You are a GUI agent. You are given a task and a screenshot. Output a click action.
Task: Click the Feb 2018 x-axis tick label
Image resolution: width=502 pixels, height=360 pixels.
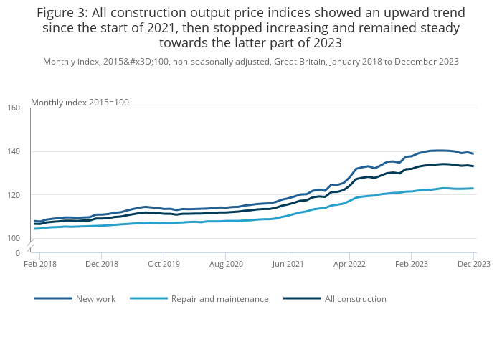40,264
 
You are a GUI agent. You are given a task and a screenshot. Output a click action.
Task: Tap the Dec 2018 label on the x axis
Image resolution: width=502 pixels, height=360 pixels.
102,264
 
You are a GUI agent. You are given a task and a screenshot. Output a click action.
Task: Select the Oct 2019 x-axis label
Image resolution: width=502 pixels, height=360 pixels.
164,264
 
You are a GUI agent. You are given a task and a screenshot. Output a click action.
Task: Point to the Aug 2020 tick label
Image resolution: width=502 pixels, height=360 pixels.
226,264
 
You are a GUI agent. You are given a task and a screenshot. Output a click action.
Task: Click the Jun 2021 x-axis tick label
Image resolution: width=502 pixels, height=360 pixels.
288,264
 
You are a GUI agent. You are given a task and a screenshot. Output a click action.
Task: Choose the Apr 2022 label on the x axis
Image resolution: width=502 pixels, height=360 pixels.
350,264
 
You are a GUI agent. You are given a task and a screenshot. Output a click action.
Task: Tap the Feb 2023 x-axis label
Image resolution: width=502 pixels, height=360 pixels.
412,264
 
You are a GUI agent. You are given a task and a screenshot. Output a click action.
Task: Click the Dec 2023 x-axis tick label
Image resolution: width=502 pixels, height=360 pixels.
473,264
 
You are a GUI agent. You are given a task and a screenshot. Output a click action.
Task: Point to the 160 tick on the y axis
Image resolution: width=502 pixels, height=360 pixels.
14,108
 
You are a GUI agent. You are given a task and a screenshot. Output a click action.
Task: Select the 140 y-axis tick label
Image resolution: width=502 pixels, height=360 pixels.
14,151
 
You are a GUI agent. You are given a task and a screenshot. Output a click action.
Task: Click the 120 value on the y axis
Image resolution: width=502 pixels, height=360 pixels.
14,195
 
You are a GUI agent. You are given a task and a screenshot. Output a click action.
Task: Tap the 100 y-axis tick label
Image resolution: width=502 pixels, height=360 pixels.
14,239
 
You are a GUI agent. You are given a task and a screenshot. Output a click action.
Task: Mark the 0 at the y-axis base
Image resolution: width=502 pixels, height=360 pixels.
18,253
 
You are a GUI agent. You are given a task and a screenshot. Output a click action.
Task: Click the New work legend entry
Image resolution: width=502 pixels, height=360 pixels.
95,299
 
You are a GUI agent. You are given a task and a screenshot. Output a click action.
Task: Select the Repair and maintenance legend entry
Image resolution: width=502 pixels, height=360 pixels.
219,299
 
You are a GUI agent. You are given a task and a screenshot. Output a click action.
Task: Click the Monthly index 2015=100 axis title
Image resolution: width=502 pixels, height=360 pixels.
80,103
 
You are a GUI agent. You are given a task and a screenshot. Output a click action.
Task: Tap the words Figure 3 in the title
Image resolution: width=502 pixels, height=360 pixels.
71,13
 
